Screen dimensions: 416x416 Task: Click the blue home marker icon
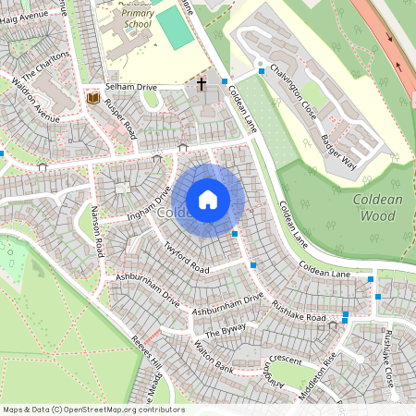pyautogui.click(x=208, y=199)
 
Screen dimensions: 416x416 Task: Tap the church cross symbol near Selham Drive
pyautogui.click(x=202, y=84)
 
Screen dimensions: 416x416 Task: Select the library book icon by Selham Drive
pyautogui.click(x=92, y=96)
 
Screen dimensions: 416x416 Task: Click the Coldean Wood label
pyautogui.click(x=376, y=208)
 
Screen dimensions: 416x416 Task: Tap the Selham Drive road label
pyautogui.click(x=131, y=86)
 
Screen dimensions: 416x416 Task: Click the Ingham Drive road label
pyautogui.click(x=148, y=208)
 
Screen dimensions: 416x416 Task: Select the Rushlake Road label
pyautogui.click(x=299, y=311)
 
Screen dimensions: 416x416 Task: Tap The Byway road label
pyautogui.click(x=225, y=331)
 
